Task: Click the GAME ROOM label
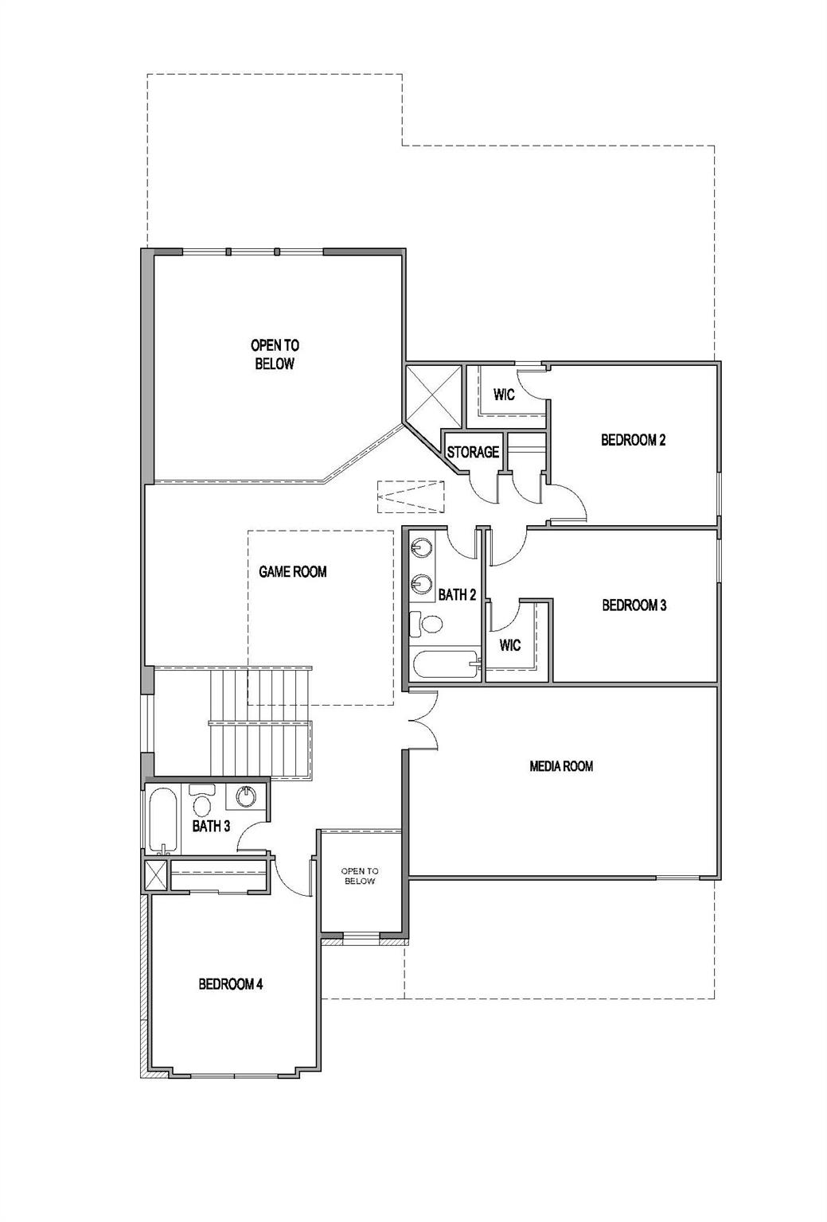[x=292, y=571]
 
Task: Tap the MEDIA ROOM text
[x=561, y=766]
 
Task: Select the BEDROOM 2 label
[x=633, y=440]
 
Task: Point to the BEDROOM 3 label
[x=634, y=605]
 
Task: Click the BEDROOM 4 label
[x=230, y=984]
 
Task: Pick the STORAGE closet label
[x=473, y=453]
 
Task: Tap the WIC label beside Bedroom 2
[x=503, y=395]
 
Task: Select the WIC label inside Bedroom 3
[x=510, y=644]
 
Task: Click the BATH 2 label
[x=457, y=594]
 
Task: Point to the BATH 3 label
[x=211, y=827]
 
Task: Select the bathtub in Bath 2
[x=444, y=664]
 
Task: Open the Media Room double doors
[x=423, y=721]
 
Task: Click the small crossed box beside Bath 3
[x=156, y=876]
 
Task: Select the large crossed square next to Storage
[x=433, y=395]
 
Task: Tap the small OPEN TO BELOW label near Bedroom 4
[x=360, y=877]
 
